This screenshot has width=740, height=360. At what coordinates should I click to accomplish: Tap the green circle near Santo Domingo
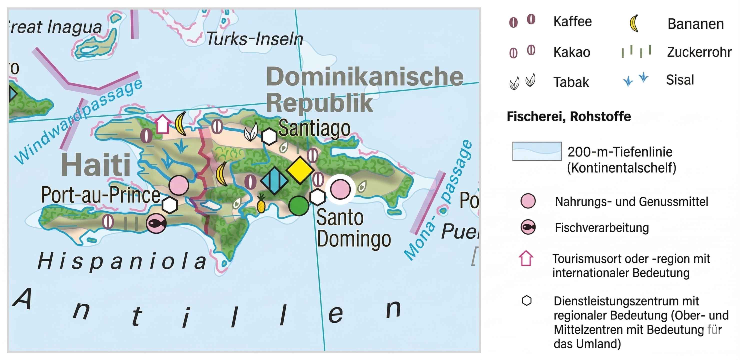pos(298,206)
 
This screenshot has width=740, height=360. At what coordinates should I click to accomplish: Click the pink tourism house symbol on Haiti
pos(162,124)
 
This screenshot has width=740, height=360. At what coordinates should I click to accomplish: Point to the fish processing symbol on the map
pos(156,223)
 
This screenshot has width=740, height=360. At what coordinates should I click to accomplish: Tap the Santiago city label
pos(314,128)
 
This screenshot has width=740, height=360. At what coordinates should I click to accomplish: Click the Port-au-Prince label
pos(100,195)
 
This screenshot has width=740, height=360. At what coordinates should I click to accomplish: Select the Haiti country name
pos(96,165)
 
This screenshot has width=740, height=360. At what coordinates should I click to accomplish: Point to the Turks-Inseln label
pos(254,39)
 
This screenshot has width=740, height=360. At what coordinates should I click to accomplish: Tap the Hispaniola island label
pos(122,261)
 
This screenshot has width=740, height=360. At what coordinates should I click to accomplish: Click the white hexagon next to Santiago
pos(269,136)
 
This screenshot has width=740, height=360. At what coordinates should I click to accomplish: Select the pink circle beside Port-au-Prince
pos(179,185)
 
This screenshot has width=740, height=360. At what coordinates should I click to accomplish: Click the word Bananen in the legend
pos(695,24)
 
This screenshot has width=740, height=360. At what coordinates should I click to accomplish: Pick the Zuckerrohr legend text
pos(699,52)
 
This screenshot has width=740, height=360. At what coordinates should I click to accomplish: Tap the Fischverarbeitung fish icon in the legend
pos(528,227)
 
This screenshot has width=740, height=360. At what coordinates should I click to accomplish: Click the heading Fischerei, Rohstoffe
pos(569,116)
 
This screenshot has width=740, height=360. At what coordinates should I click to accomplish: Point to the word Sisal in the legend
pos(680,79)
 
